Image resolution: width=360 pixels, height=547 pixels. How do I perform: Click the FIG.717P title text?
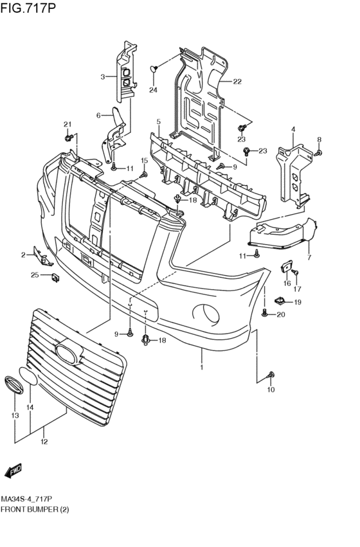pyautogui.click(x=28, y=7)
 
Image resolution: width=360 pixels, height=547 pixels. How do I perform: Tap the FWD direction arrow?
pyautogui.click(x=14, y=471)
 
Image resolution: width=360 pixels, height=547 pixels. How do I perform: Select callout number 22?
pyautogui.click(x=237, y=82)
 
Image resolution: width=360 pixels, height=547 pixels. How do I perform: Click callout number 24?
pyautogui.click(x=153, y=90)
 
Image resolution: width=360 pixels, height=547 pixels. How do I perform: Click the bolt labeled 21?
pyautogui.click(x=69, y=137)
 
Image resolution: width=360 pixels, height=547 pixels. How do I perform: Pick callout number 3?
pyautogui.click(x=103, y=76)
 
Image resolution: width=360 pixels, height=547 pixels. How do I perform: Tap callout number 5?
pyautogui.click(x=158, y=121)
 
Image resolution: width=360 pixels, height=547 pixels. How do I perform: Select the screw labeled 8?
pyautogui.click(x=318, y=152)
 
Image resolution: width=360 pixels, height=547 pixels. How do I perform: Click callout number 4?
pyautogui.click(x=293, y=129)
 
